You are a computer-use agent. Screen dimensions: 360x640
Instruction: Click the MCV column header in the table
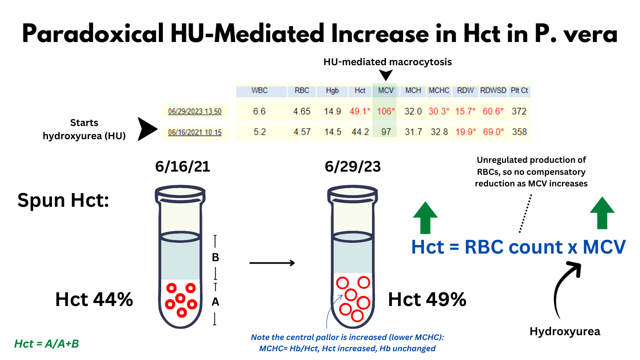(x=386, y=90)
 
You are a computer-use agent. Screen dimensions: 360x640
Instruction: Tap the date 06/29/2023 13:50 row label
(x=195, y=112)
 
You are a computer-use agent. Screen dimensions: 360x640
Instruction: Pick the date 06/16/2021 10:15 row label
(x=195, y=132)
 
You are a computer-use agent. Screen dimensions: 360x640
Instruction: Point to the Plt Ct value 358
(x=519, y=132)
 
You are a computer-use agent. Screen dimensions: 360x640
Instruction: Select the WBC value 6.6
(x=259, y=111)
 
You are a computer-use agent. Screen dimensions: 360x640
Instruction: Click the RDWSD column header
(x=493, y=90)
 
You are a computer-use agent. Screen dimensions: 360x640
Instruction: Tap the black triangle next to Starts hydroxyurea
(x=146, y=129)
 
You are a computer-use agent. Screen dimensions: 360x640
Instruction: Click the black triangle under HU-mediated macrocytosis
(x=386, y=74)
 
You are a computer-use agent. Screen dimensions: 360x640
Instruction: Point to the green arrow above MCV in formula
(x=602, y=213)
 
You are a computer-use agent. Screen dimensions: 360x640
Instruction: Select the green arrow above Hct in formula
(x=425, y=218)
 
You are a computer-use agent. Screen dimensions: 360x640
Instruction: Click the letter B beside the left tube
(x=216, y=258)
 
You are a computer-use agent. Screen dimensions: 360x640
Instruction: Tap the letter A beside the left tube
(x=216, y=302)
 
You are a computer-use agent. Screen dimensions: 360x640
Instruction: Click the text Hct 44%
(x=94, y=300)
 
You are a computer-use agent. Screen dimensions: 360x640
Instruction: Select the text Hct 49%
(x=427, y=300)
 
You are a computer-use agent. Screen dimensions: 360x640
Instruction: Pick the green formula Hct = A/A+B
(x=46, y=344)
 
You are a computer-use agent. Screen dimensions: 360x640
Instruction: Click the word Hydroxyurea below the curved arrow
(x=565, y=332)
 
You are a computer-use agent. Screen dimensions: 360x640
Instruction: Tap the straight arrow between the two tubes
(x=272, y=263)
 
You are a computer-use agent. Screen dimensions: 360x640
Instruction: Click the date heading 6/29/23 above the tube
(x=352, y=166)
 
